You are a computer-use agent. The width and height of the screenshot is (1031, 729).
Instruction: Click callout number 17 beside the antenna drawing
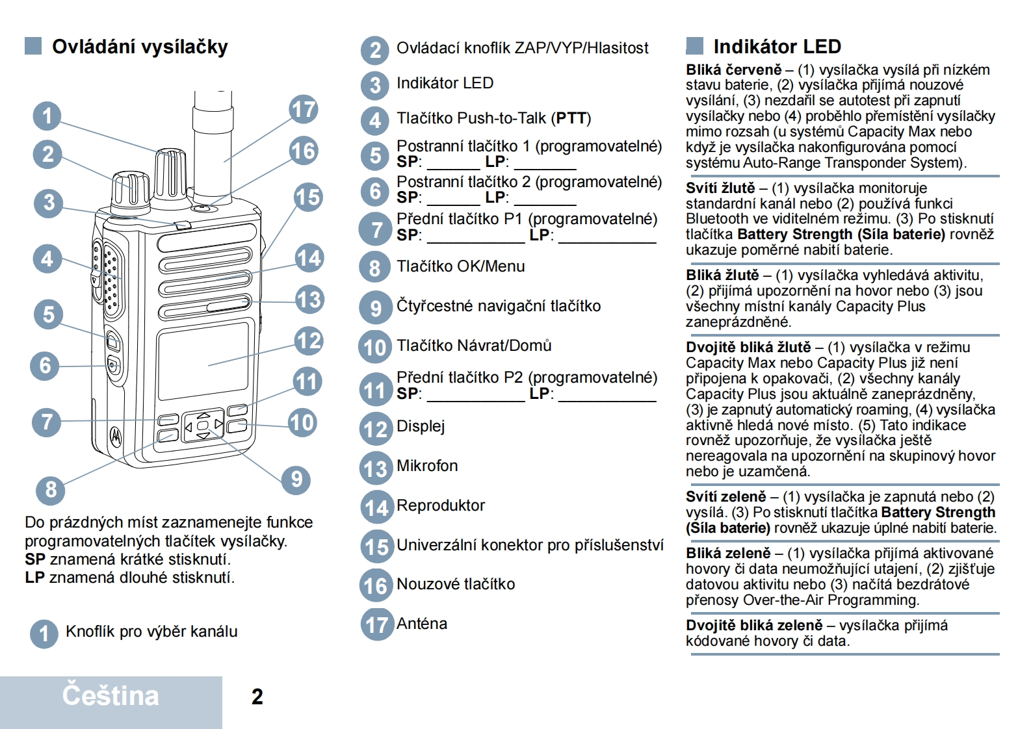(304, 110)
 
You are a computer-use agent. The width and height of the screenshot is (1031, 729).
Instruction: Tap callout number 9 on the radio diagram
(296, 480)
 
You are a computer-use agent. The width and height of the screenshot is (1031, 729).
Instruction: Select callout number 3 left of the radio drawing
(48, 203)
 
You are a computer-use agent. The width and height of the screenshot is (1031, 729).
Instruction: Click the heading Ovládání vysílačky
(140, 47)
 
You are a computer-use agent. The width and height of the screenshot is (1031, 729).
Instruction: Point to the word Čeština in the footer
(111, 696)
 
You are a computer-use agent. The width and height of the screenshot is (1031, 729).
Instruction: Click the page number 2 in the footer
(257, 697)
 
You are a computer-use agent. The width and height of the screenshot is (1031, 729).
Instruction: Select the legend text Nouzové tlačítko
(456, 584)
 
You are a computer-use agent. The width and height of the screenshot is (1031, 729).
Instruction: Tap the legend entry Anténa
(422, 624)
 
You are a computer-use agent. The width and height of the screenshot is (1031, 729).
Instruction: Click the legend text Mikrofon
(427, 466)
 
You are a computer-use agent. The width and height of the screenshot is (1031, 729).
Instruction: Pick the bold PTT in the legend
(571, 118)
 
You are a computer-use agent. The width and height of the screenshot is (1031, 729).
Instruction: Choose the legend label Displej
(421, 426)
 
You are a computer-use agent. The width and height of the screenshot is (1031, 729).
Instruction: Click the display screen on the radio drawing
(203, 361)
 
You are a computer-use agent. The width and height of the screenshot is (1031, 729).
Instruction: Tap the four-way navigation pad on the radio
(203, 426)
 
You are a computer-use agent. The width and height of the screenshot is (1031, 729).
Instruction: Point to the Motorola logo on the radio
(116, 436)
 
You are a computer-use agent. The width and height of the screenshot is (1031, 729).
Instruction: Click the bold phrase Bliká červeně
(733, 70)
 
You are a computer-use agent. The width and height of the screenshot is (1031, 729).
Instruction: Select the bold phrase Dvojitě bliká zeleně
(754, 625)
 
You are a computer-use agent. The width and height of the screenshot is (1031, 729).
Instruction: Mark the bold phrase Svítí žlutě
(720, 188)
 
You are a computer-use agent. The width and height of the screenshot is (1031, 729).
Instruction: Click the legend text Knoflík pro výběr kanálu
(151, 632)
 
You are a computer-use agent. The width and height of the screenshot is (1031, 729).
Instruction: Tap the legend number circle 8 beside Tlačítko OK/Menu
(374, 268)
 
